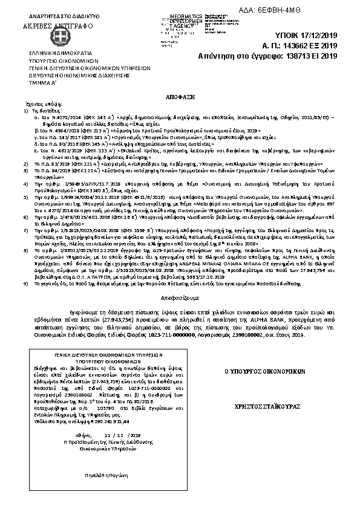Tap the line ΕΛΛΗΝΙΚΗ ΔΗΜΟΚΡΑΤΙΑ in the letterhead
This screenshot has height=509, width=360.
(50, 53)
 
